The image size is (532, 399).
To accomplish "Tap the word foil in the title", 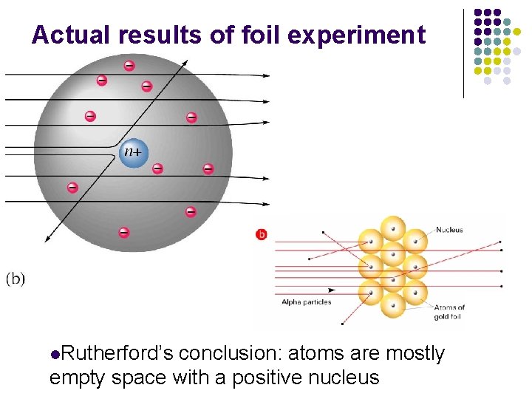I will tap(247, 35).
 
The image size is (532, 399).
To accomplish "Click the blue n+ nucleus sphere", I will tap(134, 153).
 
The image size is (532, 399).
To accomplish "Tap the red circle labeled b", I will tap(261, 234).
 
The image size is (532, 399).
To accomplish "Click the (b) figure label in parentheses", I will tap(16, 279).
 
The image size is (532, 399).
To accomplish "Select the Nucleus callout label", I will tap(449, 230).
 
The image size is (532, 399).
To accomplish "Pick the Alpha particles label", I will tap(307, 301).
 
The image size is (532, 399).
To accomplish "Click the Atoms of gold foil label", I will tap(449, 312).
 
